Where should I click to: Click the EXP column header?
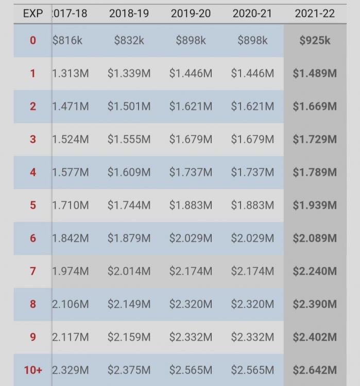click(x=33, y=13)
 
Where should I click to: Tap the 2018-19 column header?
click(x=129, y=13)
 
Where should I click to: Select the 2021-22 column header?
click(x=314, y=13)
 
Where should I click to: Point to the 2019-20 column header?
click(x=191, y=13)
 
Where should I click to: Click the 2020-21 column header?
click(x=252, y=13)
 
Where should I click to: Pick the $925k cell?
click(x=314, y=40)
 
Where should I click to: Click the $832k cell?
click(x=129, y=40)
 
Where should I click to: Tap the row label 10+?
click(x=33, y=370)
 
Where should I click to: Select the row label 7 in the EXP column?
click(x=33, y=271)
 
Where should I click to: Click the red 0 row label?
click(x=33, y=40)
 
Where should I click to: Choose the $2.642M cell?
click(x=314, y=370)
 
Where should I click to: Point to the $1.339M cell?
click(x=129, y=73)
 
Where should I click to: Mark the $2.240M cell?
click(x=314, y=271)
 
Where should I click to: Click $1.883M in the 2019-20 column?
click(x=191, y=205)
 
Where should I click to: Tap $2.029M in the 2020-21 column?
click(x=252, y=238)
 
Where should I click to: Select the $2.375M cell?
click(x=129, y=370)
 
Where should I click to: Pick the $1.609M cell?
click(x=129, y=172)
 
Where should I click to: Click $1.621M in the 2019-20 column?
click(x=191, y=106)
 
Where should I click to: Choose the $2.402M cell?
click(x=314, y=337)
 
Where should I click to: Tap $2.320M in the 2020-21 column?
click(x=252, y=304)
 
